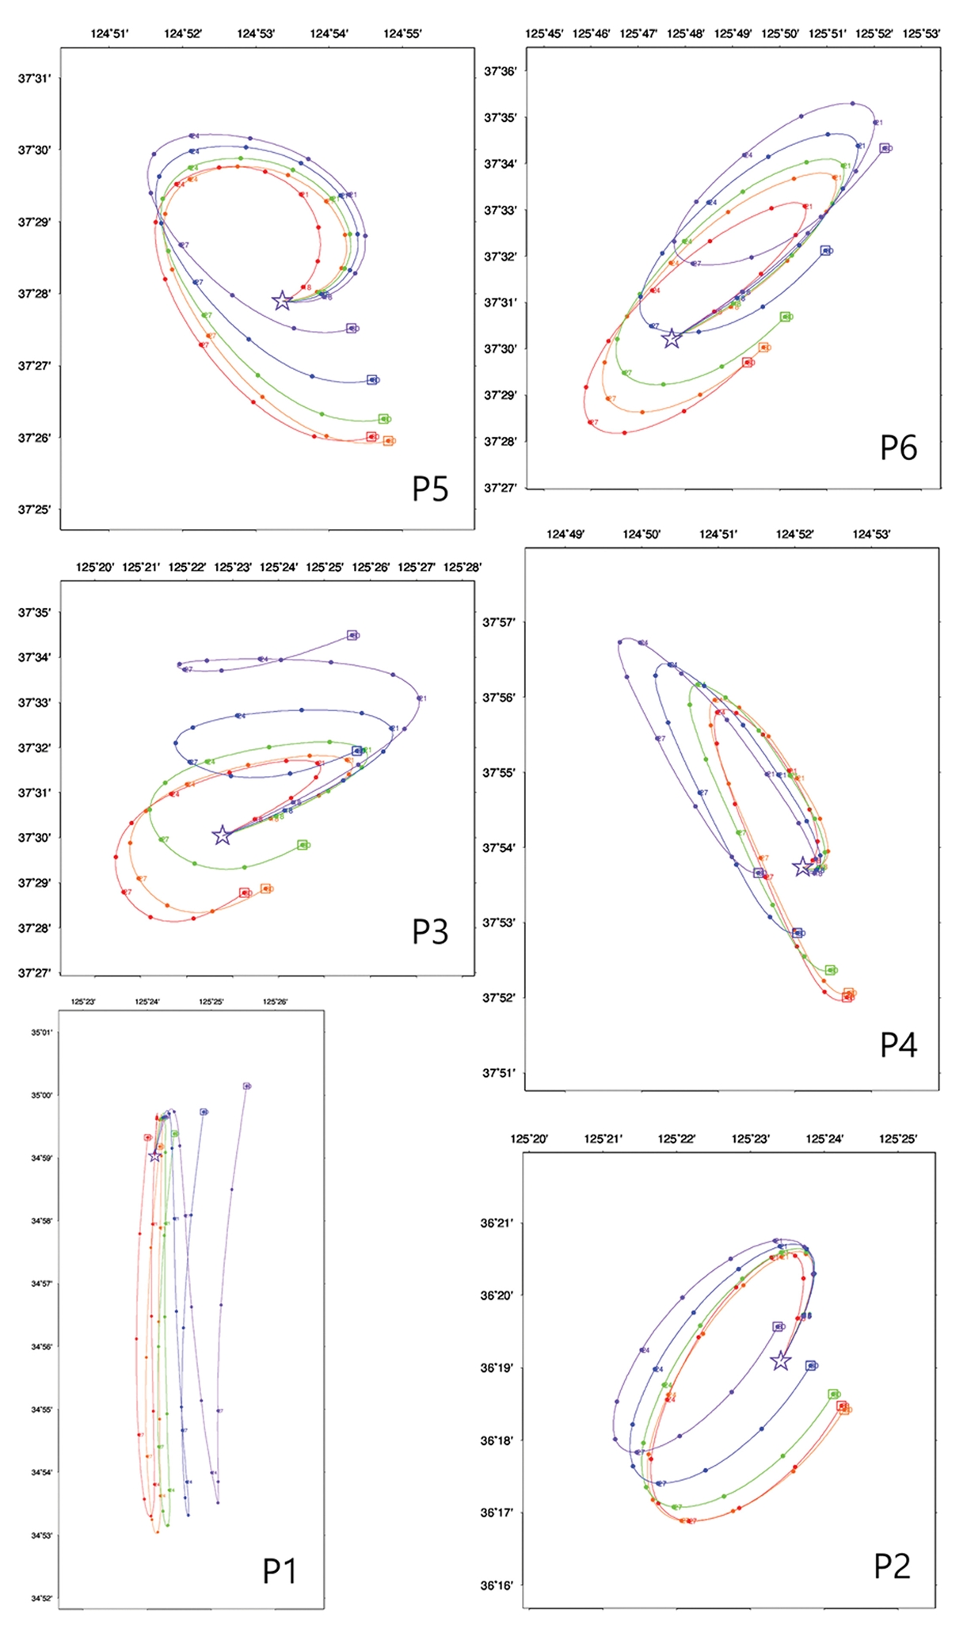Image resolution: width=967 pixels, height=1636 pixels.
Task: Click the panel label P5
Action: coord(430,489)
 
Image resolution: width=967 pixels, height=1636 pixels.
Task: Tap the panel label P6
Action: coord(898,448)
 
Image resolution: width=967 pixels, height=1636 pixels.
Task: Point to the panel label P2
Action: coord(892,1566)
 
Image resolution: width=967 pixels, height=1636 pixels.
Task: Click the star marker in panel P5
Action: coord(282,301)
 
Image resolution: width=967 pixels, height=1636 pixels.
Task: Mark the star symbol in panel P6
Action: coord(671,339)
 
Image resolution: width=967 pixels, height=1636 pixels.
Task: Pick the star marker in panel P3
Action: coord(222,835)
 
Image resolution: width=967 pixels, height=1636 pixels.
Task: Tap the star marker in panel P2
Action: coord(781,1360)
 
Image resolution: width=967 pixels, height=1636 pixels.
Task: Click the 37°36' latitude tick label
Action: coord(500,71)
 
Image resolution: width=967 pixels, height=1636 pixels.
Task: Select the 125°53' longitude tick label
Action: coord(921,34)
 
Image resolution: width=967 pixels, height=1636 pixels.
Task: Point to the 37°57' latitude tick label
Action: coord(498,622)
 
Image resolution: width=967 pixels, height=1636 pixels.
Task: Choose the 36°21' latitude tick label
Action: coord(497,1223)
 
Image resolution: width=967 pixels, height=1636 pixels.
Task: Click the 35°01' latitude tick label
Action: coord(42,1033)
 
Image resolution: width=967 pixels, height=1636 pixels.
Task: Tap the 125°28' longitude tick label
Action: coord(462,567)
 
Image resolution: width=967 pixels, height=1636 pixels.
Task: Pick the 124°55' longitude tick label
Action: coord(402,33)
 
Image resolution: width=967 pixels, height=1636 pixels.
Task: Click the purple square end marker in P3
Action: coord(352,635)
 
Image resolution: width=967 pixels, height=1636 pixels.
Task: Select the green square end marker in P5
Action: coord(383,419)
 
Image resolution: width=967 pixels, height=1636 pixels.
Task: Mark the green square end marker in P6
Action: coord(785,317)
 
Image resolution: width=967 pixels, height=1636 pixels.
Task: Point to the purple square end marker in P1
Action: coord(246,1086)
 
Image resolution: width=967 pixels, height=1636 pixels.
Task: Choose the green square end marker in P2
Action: coord(833,1394)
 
